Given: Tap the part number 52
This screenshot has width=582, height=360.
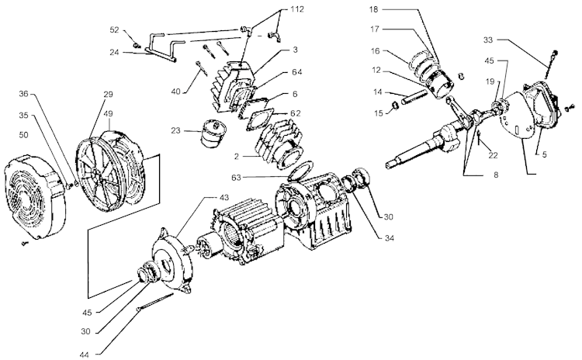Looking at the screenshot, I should pos(114,29).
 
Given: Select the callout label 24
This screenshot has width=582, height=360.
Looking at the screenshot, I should pos(114,54).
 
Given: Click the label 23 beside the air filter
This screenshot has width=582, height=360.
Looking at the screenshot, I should pos(175,130).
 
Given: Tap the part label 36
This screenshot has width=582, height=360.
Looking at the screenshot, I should pos(23,95).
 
